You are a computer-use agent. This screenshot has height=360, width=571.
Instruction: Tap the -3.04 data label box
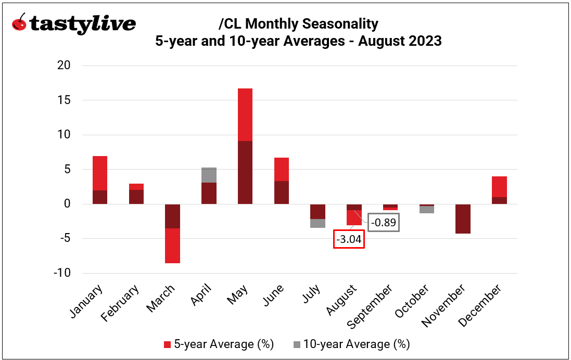349,239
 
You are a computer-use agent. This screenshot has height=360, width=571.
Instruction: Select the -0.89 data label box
384,222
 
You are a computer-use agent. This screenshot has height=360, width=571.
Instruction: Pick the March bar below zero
173,234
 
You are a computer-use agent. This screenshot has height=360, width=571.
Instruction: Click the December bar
500,190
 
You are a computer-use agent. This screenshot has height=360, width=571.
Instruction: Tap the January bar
100,180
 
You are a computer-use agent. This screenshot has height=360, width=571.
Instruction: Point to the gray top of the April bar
209,175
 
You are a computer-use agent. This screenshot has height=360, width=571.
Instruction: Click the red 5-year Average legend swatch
167,344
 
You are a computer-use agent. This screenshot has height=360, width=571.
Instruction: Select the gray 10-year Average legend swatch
297,344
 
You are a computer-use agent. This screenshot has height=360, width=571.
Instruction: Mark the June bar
282,181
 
